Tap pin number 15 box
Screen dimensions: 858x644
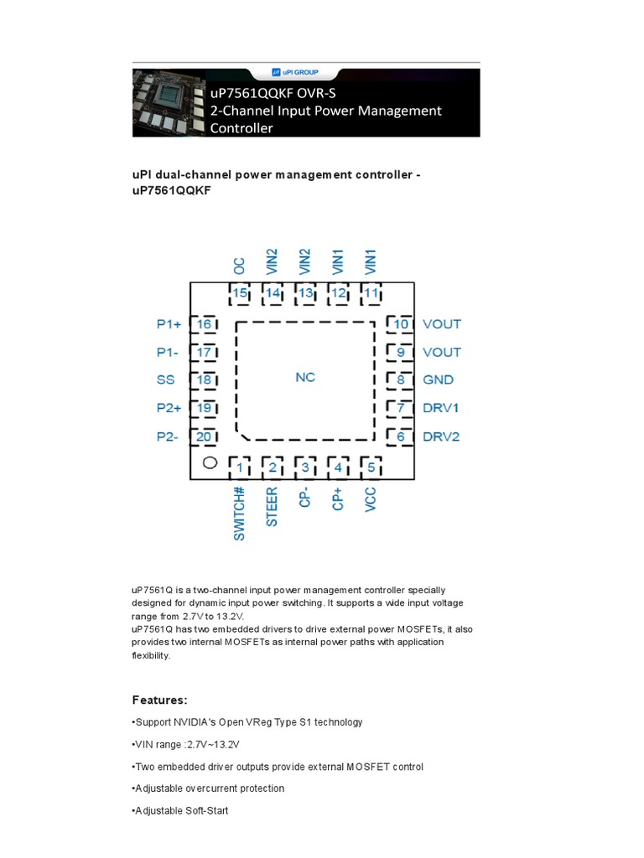(x=241, y=293)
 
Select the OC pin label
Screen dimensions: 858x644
(x=240, y=266)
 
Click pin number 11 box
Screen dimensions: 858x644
(x=371, y=293)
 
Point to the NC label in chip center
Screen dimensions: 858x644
(x=305, y=378)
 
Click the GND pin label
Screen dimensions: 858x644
(x=438, y=380)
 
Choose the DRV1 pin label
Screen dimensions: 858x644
(x=441, y=408)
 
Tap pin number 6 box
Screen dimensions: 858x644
(x=400, y=437)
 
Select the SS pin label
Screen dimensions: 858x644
(x=166, y=380)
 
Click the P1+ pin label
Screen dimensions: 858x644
(x=169, y=324)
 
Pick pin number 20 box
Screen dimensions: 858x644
(x=204, y=437)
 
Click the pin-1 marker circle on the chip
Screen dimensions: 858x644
(x=210, y=463)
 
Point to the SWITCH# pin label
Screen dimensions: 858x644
(x=240, y=513)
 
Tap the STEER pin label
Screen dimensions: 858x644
(x=273, y=507)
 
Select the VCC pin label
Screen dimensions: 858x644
(x=371, y=499)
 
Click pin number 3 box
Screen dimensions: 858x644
(x=305, y=468)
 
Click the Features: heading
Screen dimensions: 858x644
(x=159, y=700)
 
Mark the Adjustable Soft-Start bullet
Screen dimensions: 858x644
(x=181, y=811)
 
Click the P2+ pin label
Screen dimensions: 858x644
(x=169, y=408)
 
